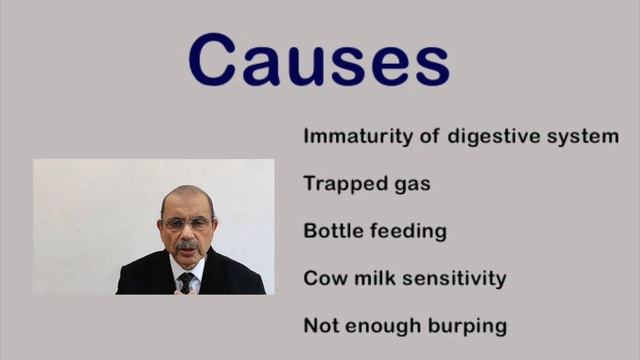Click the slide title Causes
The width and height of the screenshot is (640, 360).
(x=319, y=60)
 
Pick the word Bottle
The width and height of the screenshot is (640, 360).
(x=332, y=231)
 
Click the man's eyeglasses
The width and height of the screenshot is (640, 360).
(x=187, y=224)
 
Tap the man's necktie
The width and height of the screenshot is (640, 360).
(x=186, y=281)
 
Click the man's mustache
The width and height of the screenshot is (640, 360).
(x=187, y=244)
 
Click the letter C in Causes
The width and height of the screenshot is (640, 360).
(x=213, y=60)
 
